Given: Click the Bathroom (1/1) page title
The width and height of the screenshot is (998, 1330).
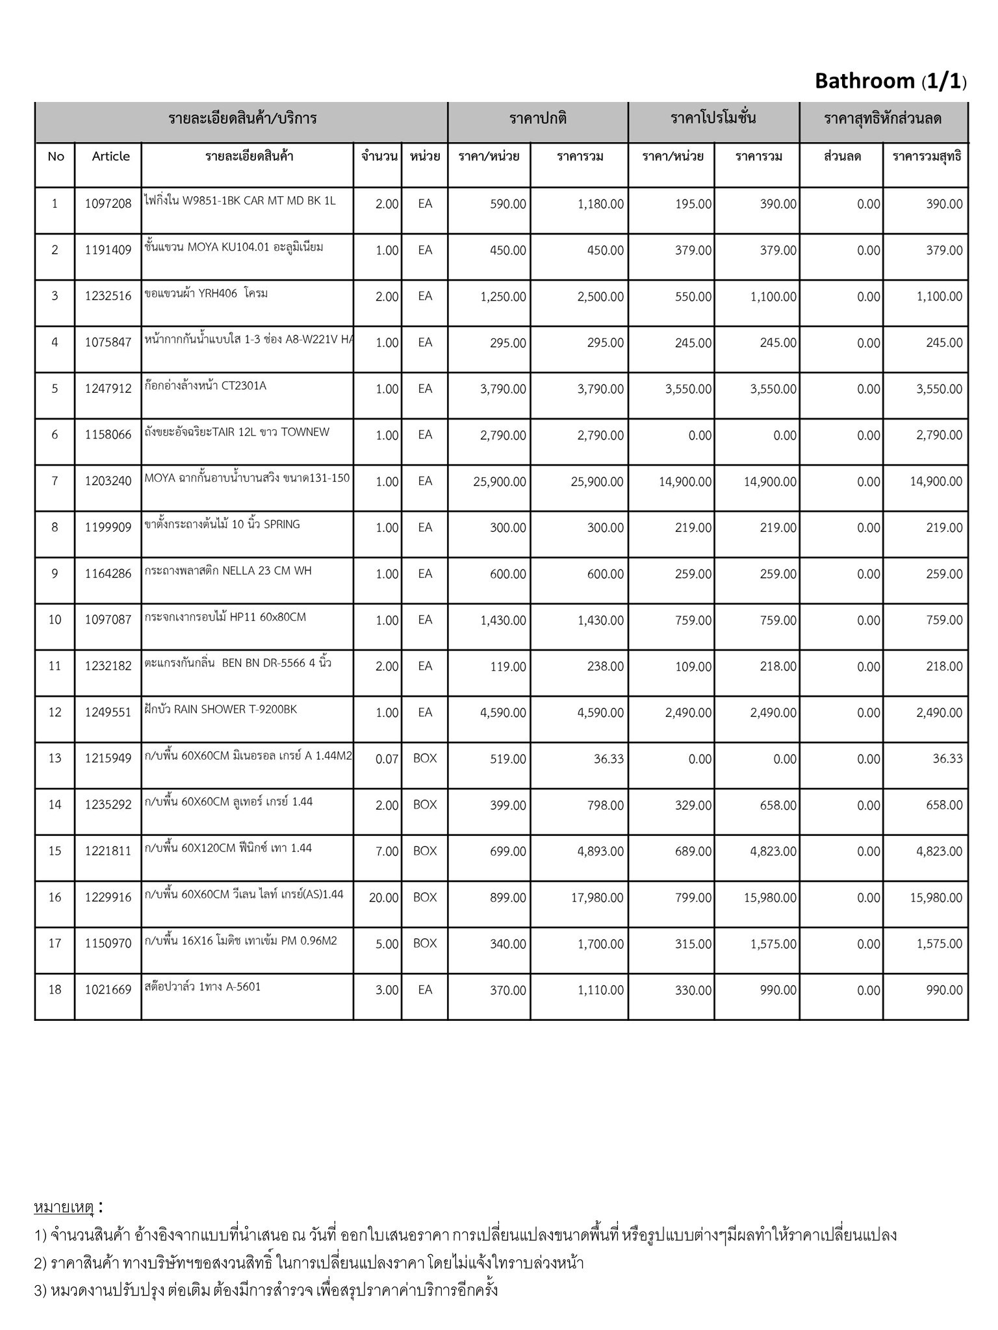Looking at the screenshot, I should point(890,81).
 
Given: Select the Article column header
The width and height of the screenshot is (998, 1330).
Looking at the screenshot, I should point(110,157).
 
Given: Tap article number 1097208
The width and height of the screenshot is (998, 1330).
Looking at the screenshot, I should point(108,204).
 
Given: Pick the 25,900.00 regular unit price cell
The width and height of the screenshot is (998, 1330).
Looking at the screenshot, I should point(499,482).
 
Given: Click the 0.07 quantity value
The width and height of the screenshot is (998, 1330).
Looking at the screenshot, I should point(387,759).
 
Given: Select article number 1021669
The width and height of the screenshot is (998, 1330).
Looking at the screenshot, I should point(108,990).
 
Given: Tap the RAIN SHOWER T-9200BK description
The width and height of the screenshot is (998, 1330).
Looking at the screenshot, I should point(221,710).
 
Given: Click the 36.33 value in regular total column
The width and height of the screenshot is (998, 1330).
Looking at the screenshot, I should point(608,759).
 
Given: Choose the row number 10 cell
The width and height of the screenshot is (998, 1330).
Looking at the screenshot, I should point(55,620).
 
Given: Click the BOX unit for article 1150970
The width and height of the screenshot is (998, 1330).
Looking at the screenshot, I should point(425,944).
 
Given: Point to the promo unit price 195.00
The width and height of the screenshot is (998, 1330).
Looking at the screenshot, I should point(693,204).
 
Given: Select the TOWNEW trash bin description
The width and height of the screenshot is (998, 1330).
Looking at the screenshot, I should point(237,433).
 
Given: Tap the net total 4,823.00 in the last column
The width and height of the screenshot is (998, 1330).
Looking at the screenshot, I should point(939,852).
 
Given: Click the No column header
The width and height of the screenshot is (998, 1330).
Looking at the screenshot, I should point(56,157).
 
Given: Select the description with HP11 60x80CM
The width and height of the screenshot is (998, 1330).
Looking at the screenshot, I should point(225,618).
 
